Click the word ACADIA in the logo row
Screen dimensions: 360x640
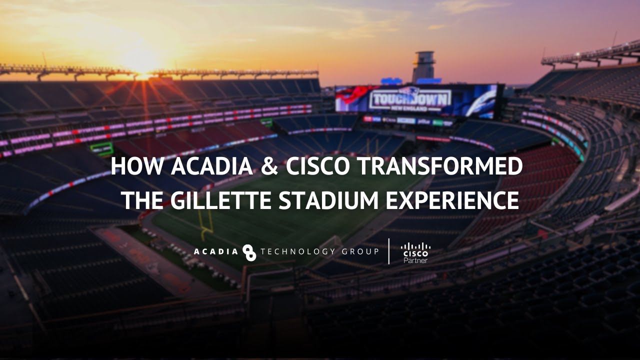tap(216, 251)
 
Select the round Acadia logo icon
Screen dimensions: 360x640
tap(249, 252)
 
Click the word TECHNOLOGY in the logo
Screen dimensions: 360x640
tap(298, 251)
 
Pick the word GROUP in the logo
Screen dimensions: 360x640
tap(360, 251)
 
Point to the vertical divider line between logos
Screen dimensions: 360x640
tap(389, 251)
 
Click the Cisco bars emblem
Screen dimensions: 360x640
tap(415, 245)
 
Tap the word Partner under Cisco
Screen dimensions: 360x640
tap(415, 260)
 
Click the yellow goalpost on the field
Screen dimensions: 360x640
tap(205, 220)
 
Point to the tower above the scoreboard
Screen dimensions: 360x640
tap(423, 66)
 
